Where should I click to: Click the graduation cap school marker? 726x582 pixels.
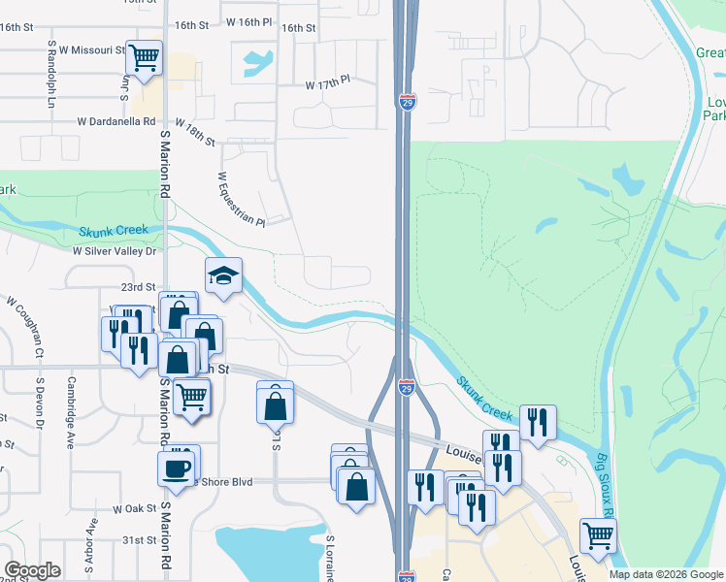pos(223,276)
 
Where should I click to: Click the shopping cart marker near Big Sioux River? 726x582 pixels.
pos(598,534)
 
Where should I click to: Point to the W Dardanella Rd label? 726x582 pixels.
pos(116,122)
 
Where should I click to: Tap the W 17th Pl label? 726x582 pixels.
pos(327,85)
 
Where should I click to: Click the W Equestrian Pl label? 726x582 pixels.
pos(241,200)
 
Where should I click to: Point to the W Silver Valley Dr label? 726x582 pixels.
pos(115,250)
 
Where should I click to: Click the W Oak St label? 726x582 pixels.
pos(134,508)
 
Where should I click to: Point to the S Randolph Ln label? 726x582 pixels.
pos(50,74)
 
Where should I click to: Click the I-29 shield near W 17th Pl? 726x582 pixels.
pos(407,101)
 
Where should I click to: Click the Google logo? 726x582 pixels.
pos(32,570)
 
